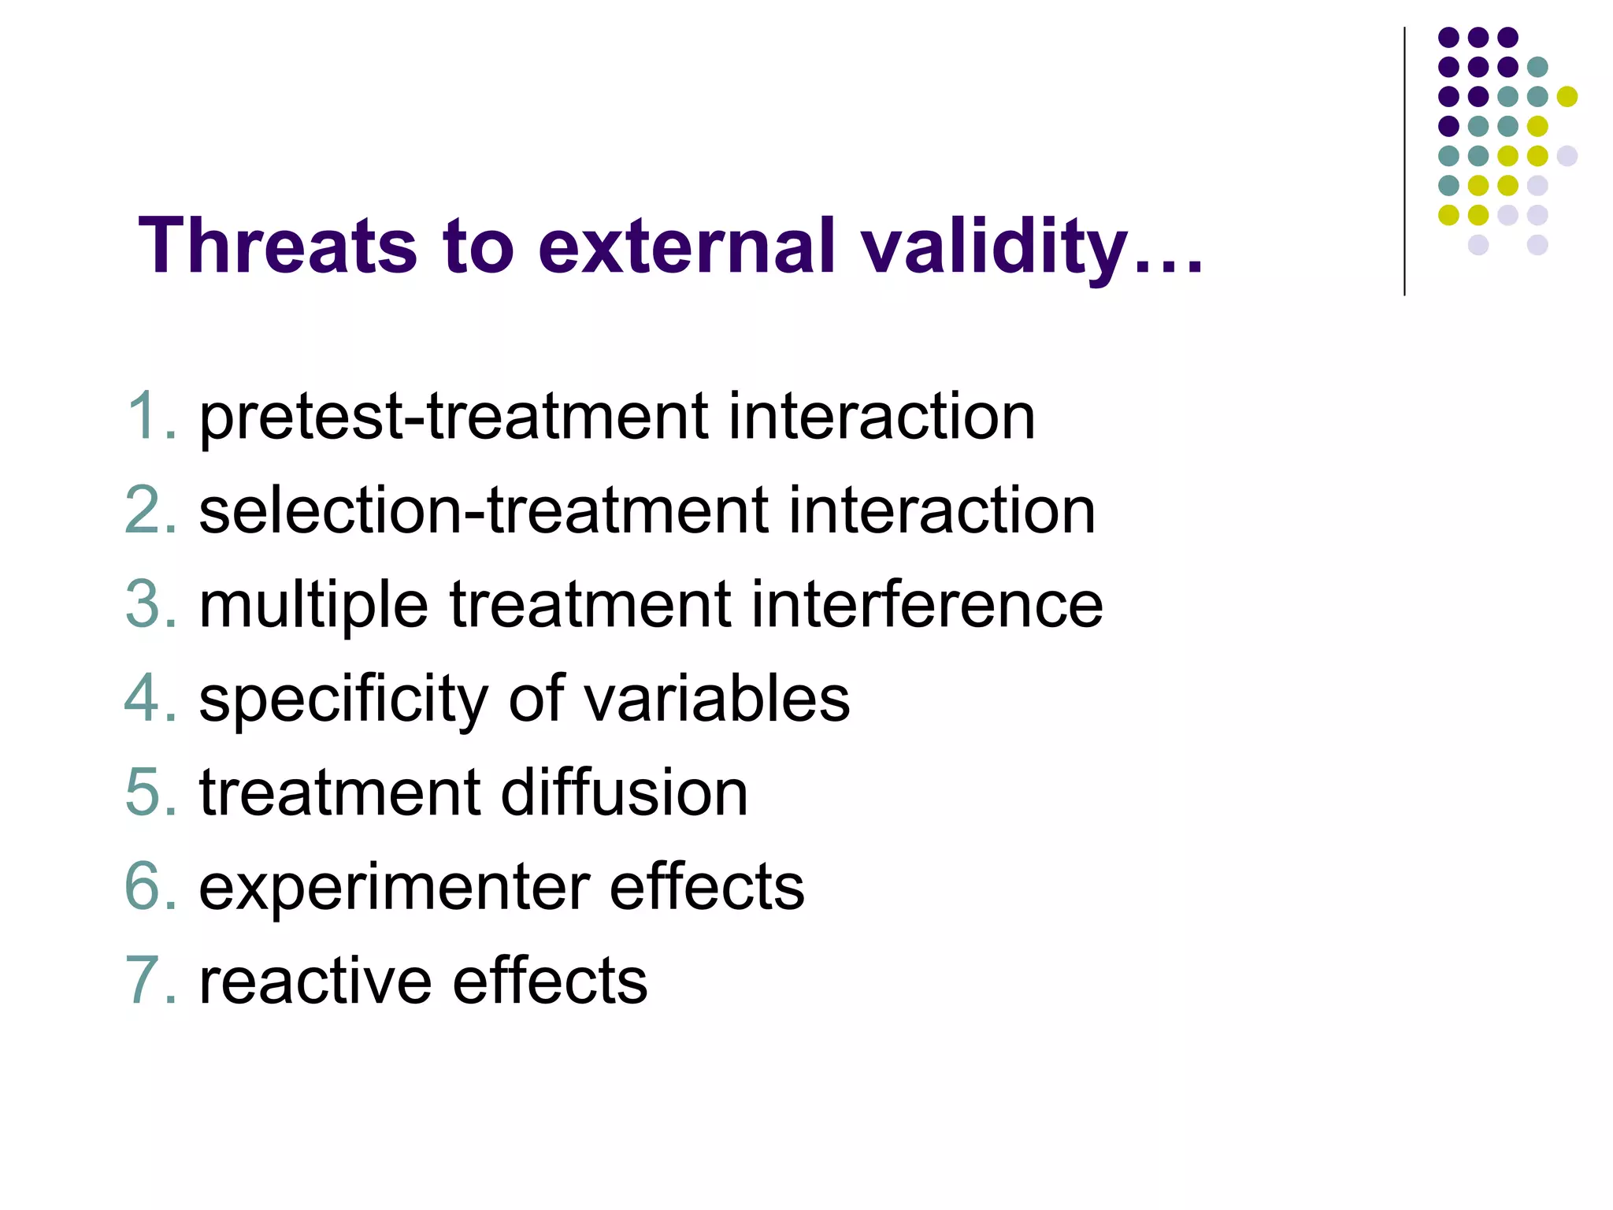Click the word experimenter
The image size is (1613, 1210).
coord(394,887)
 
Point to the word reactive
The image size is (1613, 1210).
coord(316,981)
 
